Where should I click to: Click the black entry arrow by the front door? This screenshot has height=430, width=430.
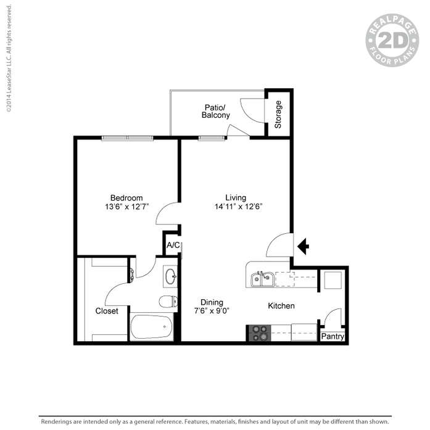304,246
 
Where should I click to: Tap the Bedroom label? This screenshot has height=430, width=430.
126,197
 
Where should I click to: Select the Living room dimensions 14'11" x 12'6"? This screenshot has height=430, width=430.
239,207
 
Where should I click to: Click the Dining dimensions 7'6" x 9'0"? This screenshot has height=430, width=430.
212,311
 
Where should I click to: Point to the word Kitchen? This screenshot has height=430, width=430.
281,306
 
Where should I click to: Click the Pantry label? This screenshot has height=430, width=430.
333,336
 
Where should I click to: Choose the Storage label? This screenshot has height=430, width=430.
278,114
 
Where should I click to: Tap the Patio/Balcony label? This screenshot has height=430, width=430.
215,111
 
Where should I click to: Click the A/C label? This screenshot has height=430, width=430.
173,245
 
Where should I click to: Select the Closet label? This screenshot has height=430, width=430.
107,311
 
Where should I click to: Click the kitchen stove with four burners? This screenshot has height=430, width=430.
260,333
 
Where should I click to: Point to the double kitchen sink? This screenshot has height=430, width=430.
262,279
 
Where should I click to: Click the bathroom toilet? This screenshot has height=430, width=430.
168,302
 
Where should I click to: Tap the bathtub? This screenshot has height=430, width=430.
151,327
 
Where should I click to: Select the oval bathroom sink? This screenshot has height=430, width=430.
170,276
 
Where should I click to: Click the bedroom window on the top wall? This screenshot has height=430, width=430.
127,138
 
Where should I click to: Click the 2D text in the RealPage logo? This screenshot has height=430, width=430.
393,41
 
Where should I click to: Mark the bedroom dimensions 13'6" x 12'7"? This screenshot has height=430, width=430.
126,207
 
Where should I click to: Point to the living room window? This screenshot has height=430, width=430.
212,138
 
